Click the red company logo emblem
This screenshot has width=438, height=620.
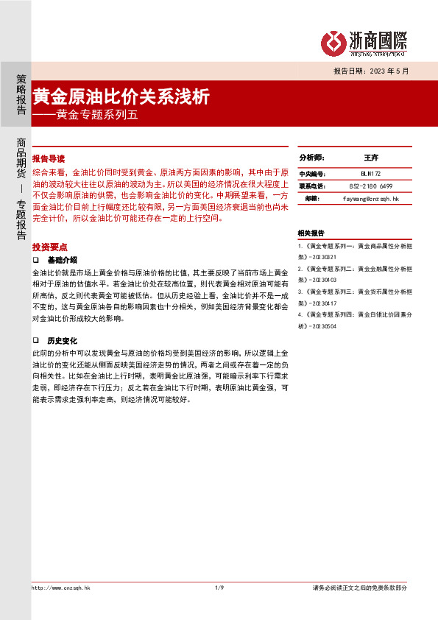pos(336,43)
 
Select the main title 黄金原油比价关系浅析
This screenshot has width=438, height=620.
pos(121,97)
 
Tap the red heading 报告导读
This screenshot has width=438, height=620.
pos(49,158)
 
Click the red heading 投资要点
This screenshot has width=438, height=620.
pos(50,247)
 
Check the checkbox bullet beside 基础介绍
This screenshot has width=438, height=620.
pos(35,261)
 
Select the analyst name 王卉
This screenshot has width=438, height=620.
pos(370,158)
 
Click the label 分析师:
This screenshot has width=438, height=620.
pos(311,158)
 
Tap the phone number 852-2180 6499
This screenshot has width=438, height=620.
pos(370,186)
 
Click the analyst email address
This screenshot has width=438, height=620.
pos(370,199)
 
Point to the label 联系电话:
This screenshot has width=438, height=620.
pos(311,186)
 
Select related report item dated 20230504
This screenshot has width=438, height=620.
pos(350,319)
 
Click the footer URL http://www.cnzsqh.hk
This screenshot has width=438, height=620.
pos(60,588)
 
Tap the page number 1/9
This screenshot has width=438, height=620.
pos(219,588)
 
